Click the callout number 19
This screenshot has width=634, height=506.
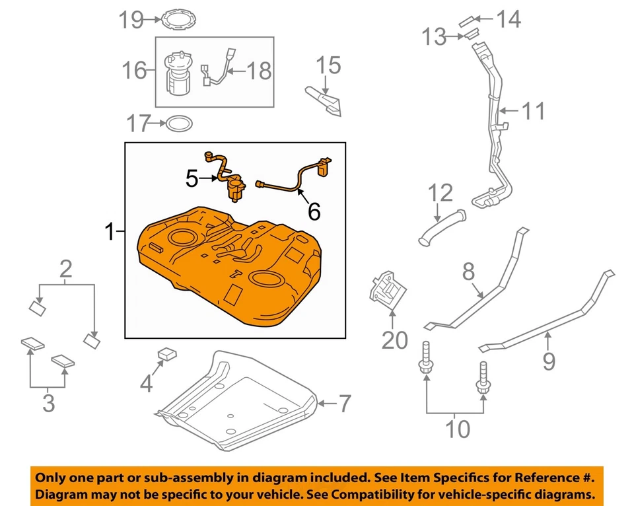tap(131, 20)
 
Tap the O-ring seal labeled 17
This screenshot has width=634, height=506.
tap(179, 123)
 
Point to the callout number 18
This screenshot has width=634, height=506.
tap(259, 70)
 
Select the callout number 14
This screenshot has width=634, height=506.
tap(509, 19)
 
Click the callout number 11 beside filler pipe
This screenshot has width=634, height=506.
tap(534, 110)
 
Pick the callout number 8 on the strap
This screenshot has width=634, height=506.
tap(468, 271)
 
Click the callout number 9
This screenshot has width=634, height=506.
tap(549, 361)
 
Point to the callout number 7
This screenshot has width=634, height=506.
tap(345, 403)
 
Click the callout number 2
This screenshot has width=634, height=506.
tap(65, 270)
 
